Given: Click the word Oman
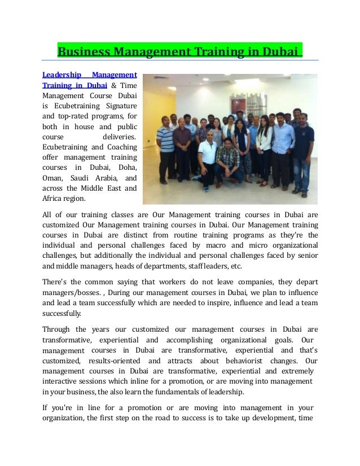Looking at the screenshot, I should pos(52,178).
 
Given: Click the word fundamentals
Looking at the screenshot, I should pos(165,392).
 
